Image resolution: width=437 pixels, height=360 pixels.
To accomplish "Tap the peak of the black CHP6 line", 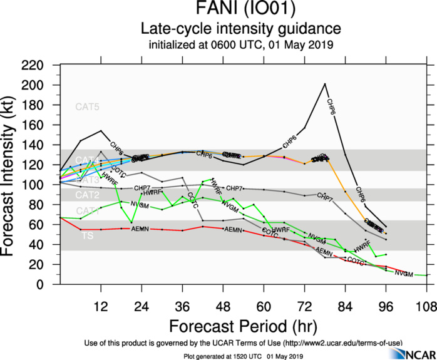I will click(x=325, y=84).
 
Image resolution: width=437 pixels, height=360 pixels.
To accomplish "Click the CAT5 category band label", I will click(x=87, y=106).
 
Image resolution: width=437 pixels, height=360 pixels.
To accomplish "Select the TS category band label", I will click(x=88, y=235).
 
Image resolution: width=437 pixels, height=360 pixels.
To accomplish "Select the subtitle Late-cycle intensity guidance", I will click(x=240, y=28).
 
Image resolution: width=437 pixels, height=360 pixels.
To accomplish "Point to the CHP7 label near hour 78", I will click(x=324, y=196).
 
